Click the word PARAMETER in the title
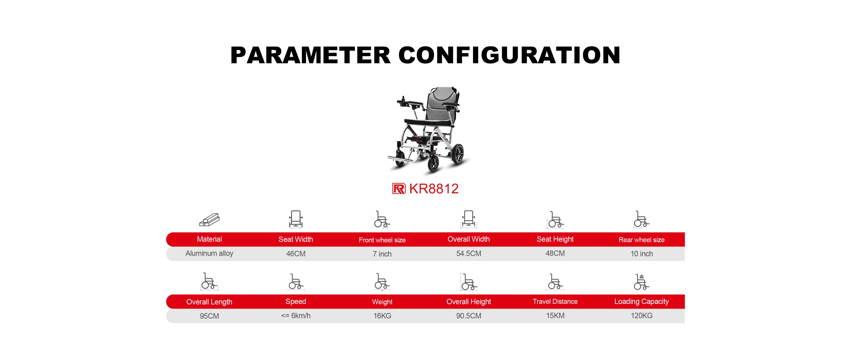pyautogui.click(x=310, y=55)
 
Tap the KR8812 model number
pyautogui.click(x=434, y=189)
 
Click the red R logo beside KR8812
pyautogui.click(x=399, y=189)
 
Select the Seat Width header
pyautogui.click(x=296, y=239)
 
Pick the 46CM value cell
pyautogui.click(x=296, y=254)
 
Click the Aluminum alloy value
pyautogui.click(x=209, y=253)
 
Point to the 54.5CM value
pyautogui.click(x=469, y=253)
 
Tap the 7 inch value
pyautogui.click(x=382, y=254)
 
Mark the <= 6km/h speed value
pyautogui.click(x=296, y=315)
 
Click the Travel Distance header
pyautogui.click(x=555, y=301)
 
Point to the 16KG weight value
pyautogui.click(x=382, y=316)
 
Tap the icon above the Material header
pyautogui.click(x=209, y=220)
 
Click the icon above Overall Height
pyautogui.click(x=469, y=282)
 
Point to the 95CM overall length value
pyautogui.click(x=209, y=316)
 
